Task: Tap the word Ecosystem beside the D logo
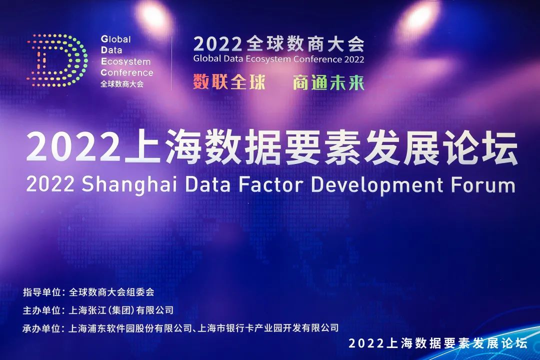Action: (125, 61)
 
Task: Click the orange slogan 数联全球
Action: (229, 82)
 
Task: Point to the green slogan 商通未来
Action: (328, 82)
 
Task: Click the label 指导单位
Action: (41, 292)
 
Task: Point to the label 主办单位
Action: (41, 310)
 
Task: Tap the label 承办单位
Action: (41, 328)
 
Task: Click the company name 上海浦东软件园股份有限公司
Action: (130, 328)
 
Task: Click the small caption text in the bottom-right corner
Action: (437, 343)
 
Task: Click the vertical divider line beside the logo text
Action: (171, 62)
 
